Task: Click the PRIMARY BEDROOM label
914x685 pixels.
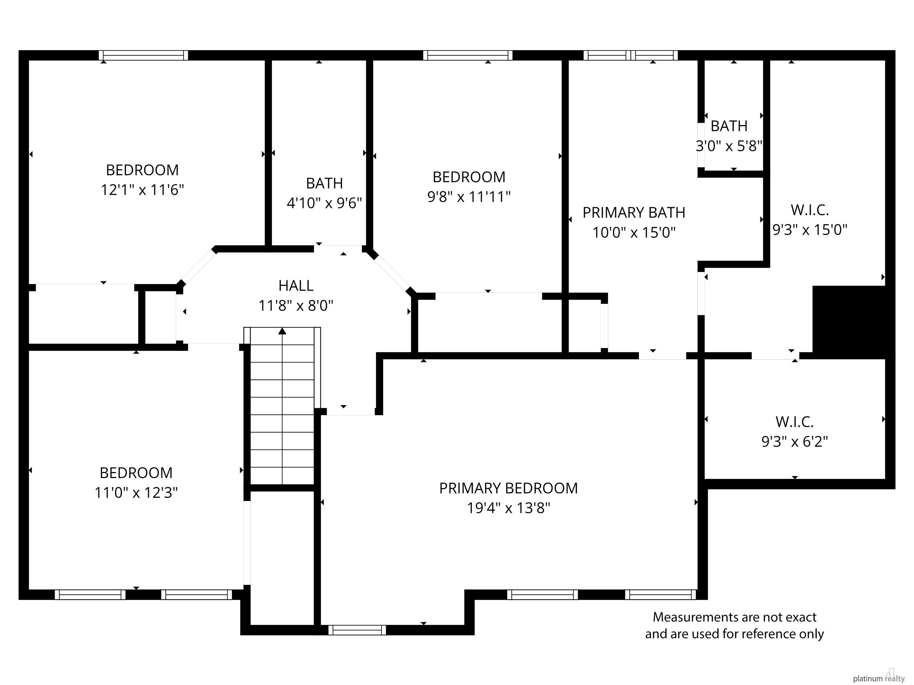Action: click(508, 488)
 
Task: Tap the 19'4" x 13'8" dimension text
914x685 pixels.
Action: click(509, 508)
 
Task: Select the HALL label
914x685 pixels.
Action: click(296, 286)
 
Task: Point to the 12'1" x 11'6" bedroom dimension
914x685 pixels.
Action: click(143, 190)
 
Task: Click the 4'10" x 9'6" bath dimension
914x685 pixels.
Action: click(324, 203)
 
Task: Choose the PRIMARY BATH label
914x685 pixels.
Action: click(634, 213)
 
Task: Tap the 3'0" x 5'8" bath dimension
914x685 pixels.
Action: click(729, 146)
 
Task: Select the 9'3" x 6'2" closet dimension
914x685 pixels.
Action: click(795, 442)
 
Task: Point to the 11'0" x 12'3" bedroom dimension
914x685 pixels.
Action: click(136, 493)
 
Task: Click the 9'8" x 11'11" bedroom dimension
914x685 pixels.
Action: click(469, 197)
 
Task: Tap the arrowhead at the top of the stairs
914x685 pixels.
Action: click(282, 331)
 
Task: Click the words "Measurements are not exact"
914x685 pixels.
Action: click(735, 617)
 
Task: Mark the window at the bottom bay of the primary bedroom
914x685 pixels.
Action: click(357, 630)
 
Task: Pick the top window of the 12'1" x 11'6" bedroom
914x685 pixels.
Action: click(143, 55)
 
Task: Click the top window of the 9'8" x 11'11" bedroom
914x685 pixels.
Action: click(468, 55)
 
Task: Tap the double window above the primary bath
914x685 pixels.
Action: click(630, 55)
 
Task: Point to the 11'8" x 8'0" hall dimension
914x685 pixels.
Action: click(296, 306)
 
